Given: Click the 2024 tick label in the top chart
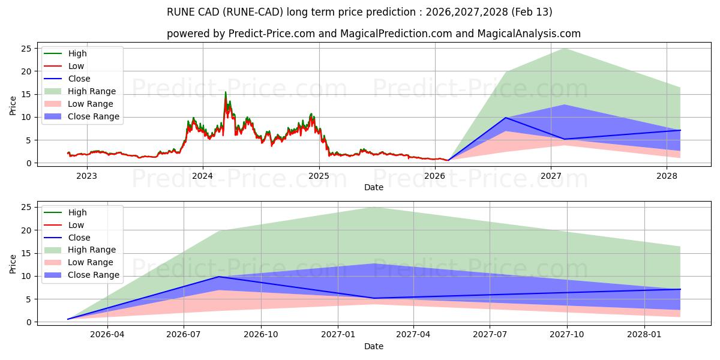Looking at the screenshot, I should click(203, 176).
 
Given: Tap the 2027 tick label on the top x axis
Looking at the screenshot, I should click(551, 176).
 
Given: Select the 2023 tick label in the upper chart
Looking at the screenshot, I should click(87, 176).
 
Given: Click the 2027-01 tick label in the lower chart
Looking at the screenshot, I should click(339, 334).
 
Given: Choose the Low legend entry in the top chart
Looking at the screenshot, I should click(76, 66).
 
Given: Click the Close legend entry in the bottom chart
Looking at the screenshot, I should click(79, 238).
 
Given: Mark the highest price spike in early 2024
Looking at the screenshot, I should click(226, 92).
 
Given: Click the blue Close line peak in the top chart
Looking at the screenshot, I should click(506, 118).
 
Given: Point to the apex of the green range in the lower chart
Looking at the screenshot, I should click(374, 207).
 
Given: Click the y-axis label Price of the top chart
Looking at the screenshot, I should click(13, 105).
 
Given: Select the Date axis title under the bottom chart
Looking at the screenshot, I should click(374, 346).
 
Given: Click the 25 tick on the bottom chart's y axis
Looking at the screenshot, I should click(27, 207).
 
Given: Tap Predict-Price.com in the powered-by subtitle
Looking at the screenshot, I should click(272, 34).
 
